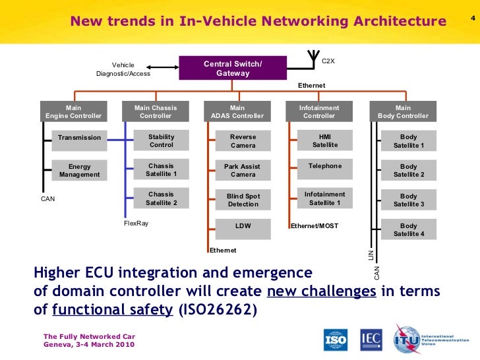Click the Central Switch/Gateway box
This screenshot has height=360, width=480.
[x=233, y=69]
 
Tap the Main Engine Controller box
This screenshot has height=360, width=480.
[x=73, y=112]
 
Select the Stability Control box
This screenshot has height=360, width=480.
[x=161, y=141]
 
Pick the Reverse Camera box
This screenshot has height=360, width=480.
[x=243, y=141]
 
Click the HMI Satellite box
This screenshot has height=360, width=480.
[x=324, y=141]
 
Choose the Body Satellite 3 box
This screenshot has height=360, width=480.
[x=408, y=200]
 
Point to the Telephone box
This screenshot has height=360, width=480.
[x=324, y=166]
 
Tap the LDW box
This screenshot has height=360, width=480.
[x=243, y=226]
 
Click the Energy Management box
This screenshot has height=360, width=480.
[x=79, y=171]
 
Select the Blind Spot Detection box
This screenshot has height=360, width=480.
[x=243, y=200]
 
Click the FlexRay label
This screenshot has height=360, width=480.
[x=136, y=224]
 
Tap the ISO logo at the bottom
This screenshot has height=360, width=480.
[x=335, y=340]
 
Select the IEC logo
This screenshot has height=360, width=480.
[x=371, y=340]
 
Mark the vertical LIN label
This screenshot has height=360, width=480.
[x=371, y=255]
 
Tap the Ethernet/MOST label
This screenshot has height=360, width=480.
[x=315, y=226]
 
